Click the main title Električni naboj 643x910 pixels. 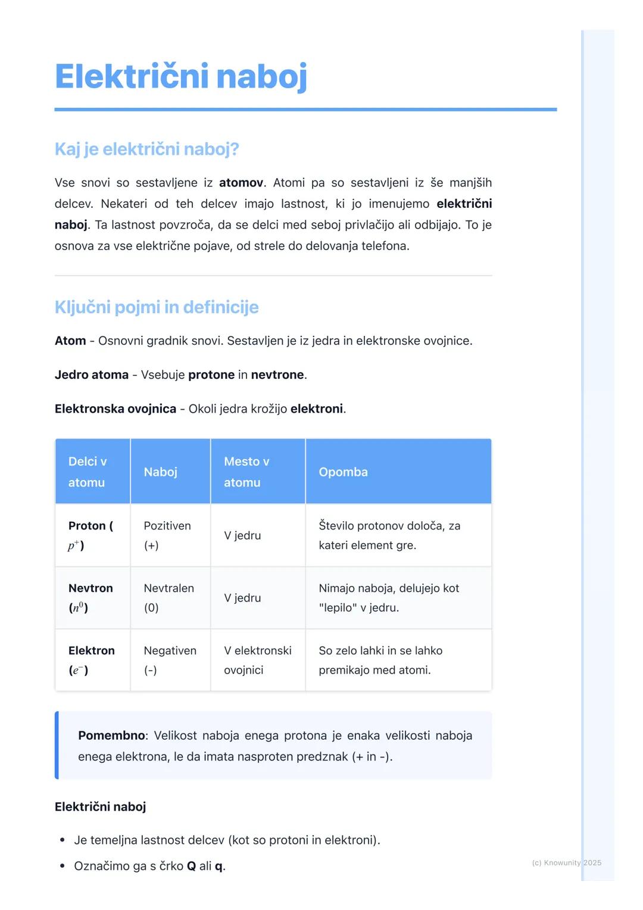coord(181,77)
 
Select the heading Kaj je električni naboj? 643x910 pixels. coord(146,149)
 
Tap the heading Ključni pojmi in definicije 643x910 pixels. coord(157,307)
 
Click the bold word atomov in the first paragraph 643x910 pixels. coord(241,183)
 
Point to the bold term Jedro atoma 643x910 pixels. coord(92,375)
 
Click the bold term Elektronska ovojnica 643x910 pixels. coord(116,409)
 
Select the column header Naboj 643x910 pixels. coord(161,472)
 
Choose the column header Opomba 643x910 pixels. coord(343,472)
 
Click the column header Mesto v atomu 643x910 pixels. coord(246,472)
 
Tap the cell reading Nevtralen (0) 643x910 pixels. coord(168,597)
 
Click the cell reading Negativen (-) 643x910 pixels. coord(170,660)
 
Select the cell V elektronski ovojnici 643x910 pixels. coord(257,660)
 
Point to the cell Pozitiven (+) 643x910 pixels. coord(167,535)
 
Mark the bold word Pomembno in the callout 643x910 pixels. coord(111,736)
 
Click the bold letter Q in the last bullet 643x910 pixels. coord(191,866)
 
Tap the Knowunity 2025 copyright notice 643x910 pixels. coord(566,863)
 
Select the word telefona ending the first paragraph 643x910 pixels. coord(383,246)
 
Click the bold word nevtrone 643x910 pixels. coord(277,375)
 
